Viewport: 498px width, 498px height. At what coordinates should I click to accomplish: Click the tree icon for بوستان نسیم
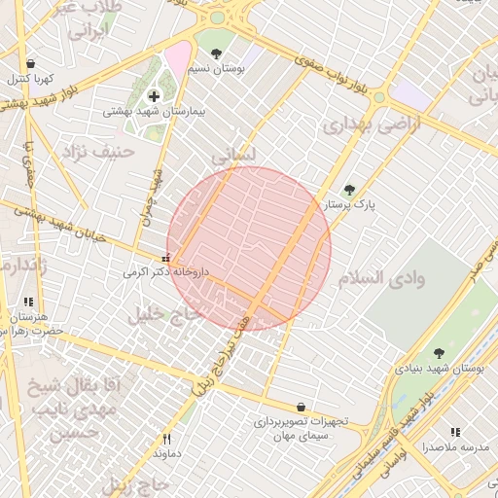pyautogui.click(x=215, y=54)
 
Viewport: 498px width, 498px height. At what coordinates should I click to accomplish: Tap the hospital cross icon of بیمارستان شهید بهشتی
pyautogui.click(x=154, y=95)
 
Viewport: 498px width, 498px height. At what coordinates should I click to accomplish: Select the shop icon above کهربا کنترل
pyautogui.click(x=31, y=63)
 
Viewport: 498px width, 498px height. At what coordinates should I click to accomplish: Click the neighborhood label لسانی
pyautogui.click(x=233, y=155)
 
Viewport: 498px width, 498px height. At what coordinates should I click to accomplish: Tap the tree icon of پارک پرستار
pyautogui.click(x=349, y=190)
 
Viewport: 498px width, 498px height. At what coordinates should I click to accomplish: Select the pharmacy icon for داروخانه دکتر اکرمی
pyautogui.click(x=165, y=259)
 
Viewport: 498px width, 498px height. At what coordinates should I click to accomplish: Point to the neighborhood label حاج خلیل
pyautogui.click(x=163, y=314)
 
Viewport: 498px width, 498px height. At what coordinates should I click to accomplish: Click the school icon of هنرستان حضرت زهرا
pyautogui.click(x=28, y=302)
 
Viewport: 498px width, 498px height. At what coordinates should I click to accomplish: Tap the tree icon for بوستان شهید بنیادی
pyautogui.click(x=439, y=353)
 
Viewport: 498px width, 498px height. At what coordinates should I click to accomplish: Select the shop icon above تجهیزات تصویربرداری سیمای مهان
pyautogui.click(x=300, y=407)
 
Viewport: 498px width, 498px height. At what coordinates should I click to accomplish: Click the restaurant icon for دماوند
pyautogui.click(x=166, y=439)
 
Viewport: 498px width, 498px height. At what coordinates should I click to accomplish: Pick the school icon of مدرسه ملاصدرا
pyautogui.click(x=454, y=432)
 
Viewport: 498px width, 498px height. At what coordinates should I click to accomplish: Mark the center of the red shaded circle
pyautogui.click(x=249, y=249)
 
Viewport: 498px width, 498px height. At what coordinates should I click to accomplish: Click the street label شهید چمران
pyautogui.click(x=151, y=195)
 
